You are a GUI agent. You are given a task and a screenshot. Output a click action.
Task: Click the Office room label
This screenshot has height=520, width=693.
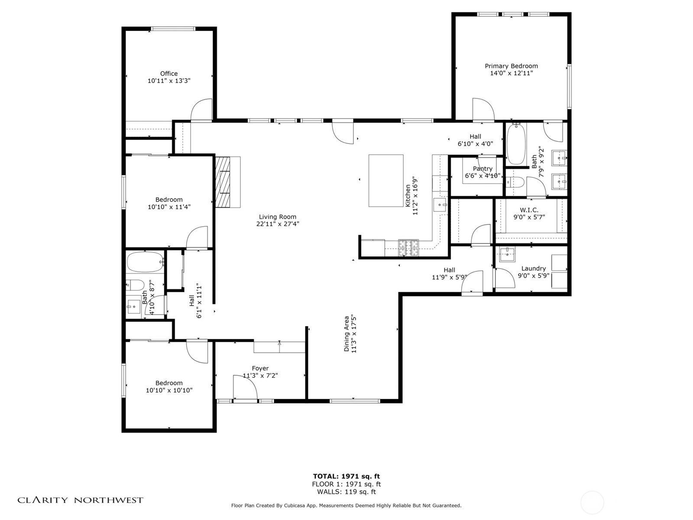click(x=168, y=74)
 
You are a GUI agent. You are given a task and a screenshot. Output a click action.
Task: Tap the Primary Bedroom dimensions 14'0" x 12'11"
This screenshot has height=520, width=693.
click(x=511, y=73)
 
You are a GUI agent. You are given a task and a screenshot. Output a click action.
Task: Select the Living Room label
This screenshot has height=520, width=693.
click(x=278, y=217)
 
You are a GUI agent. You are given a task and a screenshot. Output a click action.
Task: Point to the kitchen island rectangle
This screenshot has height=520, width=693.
click(x=386, y=181)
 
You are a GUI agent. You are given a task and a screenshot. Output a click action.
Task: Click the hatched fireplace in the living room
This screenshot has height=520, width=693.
click(x=223, y=182)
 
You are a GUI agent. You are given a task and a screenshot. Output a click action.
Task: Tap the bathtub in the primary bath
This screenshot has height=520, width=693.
click(x=516, y=144)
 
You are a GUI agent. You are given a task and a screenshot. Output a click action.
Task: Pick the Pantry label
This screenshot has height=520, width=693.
click(x=483, y=169)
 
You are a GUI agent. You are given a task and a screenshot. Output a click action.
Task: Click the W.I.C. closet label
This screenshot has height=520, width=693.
click(x=529, y=210)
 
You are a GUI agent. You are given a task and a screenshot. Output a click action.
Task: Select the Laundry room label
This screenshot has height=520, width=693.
click(x=533, y=268)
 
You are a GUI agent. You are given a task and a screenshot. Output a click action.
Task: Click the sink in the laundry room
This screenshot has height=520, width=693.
click(x=507, y=254)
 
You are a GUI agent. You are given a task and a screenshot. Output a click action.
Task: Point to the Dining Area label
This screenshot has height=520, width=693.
click(x=346, y=334)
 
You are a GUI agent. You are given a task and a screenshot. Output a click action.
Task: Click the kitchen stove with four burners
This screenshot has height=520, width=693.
click(x=408, y=248)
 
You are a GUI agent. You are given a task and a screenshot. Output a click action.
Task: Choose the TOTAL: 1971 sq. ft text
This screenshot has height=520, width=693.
click(x=346, y=476)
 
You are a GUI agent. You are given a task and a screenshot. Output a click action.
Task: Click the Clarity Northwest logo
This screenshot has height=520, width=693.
click(x=80, y=500)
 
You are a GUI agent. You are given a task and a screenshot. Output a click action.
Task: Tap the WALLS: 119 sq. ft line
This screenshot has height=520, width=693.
click(x=346, y=491)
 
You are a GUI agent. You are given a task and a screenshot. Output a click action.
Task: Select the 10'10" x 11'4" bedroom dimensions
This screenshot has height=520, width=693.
click(x=169, y=207)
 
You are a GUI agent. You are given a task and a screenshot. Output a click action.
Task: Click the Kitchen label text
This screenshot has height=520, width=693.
click(x=408, y=196)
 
